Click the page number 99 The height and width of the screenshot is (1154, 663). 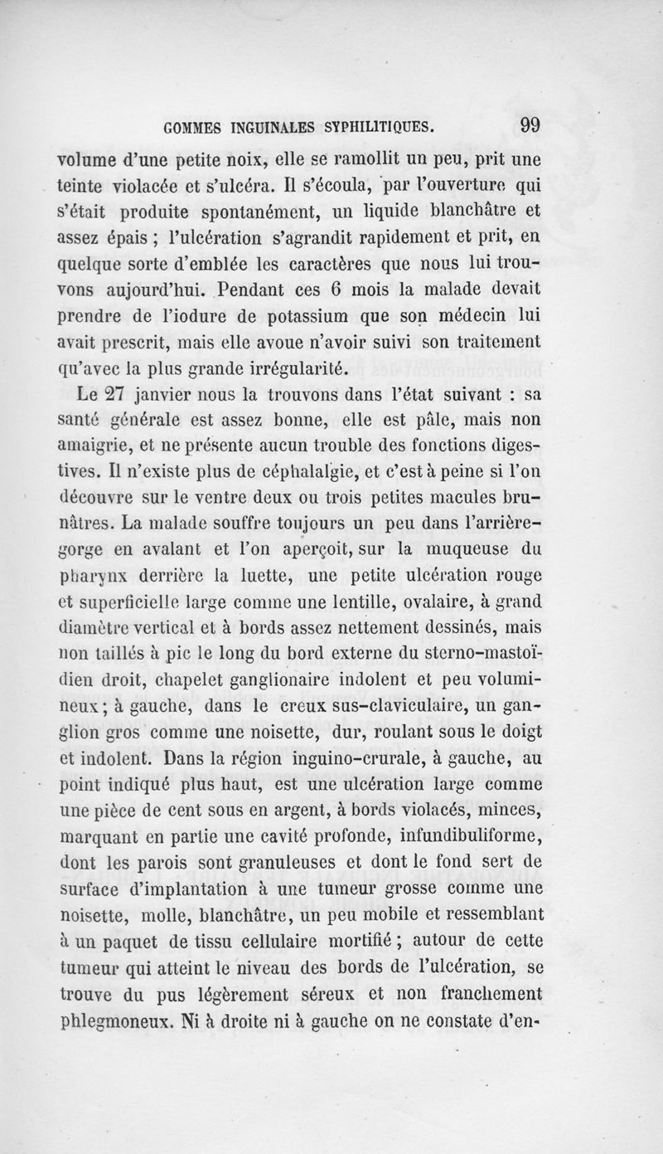point(526,127)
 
